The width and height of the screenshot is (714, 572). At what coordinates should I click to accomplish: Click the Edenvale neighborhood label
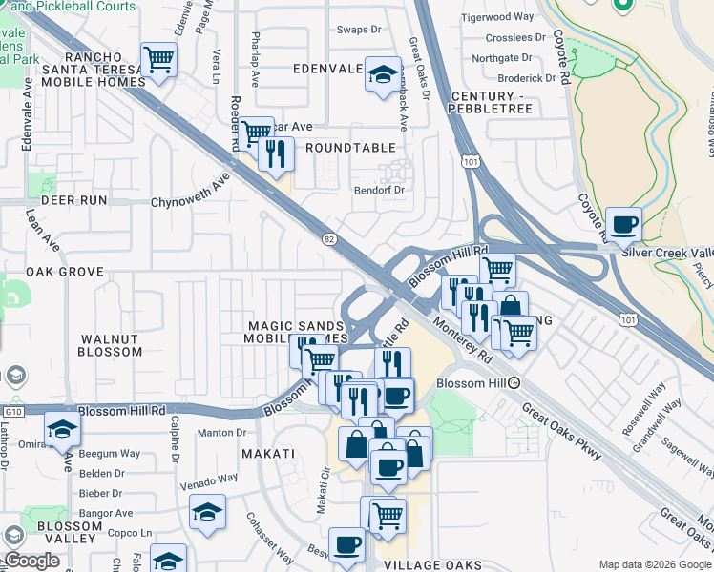pyautogui.click(x=327, y=70)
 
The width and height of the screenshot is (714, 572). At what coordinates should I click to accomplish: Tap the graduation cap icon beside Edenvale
pyautogui.click(x=382, y=75)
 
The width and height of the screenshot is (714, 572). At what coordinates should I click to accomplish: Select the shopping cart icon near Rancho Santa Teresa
pyautogui.click(x=158, y=59)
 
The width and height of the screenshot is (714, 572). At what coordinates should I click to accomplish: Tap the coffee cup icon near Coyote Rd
pyautogui.click(x=623, y=225)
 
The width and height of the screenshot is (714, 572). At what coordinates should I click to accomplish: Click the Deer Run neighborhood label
pyautogui.click(x=68, y=201)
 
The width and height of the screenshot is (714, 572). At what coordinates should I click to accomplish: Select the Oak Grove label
pyautogui.click(x=65, y=272)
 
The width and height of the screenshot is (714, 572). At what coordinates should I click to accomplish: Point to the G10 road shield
pyautogui.click(x=11, y=411)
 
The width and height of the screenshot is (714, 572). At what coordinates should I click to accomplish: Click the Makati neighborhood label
pyautogui.click(x=267, y=454)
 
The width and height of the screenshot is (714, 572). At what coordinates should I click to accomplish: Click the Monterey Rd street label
pyautogui.click(x=460, y=340)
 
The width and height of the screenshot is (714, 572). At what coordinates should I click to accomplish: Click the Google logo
pyautogui.click(x=32, y=562)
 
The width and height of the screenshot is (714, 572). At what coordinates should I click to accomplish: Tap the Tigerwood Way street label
pyautogui.click(x=497, y=17)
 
